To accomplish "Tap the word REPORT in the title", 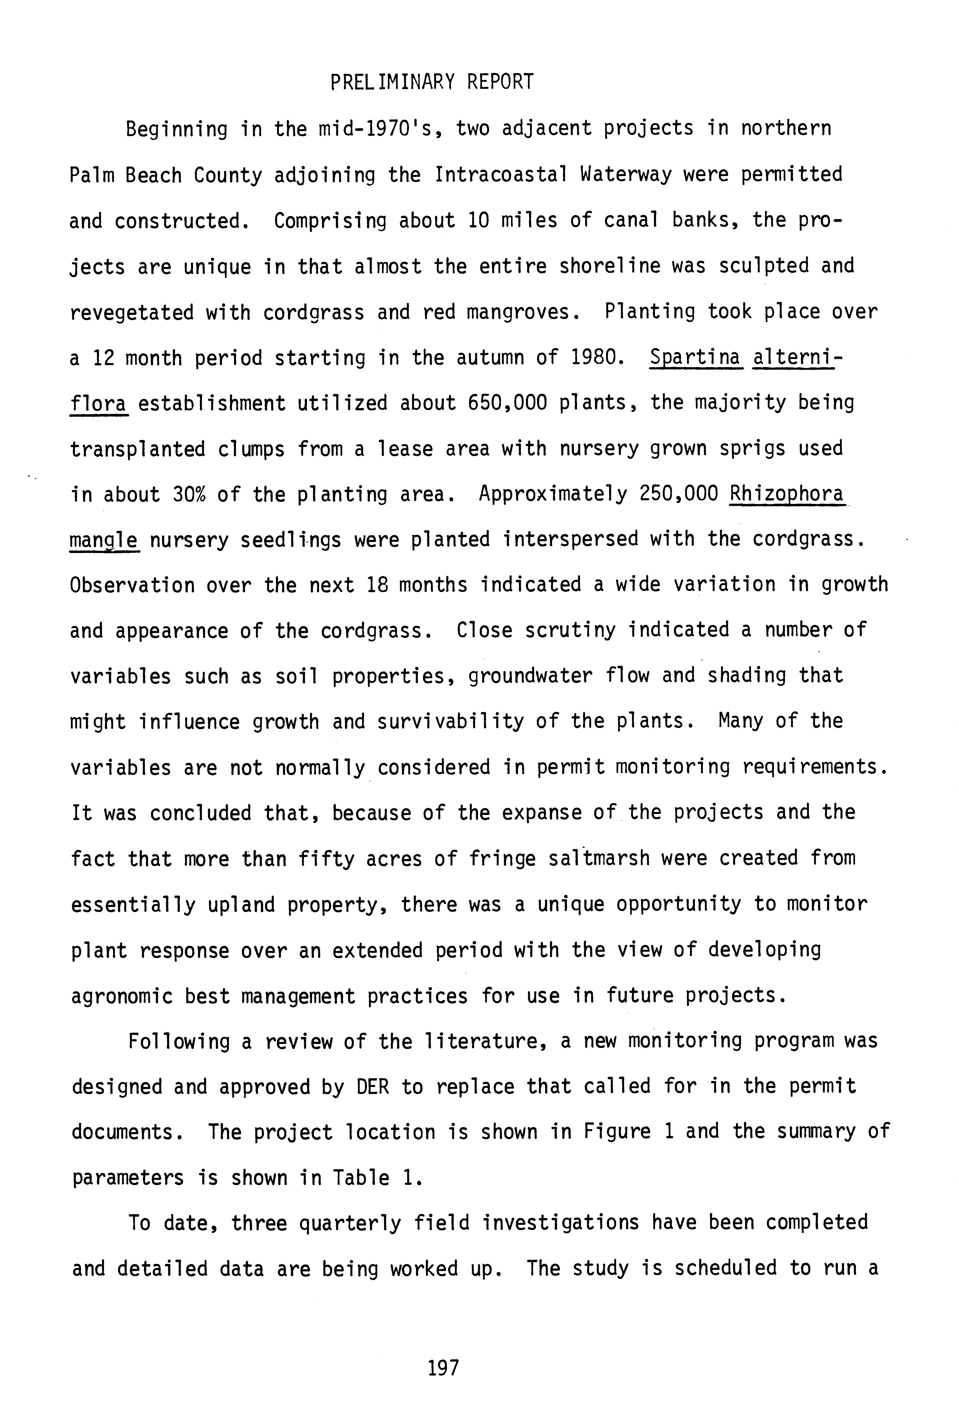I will [500, 82].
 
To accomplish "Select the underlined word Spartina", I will [695, 358].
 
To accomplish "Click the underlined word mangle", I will [104, 540].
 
